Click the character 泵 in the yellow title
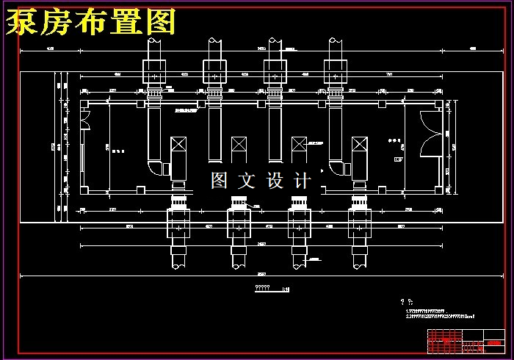pos(23,23)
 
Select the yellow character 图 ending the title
pos(159,23)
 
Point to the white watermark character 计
pos(303,180)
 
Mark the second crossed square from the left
pos(239,149)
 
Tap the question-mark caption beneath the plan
pos(263,287)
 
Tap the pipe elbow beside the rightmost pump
pos(339,168)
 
